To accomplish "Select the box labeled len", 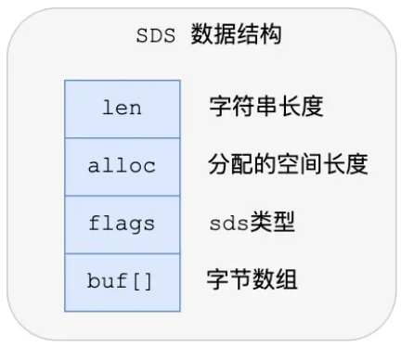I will click(122, 108).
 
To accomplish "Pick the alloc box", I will click(122, 166).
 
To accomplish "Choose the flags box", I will click(122, 224).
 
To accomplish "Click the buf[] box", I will click(122, 281).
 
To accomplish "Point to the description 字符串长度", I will click(266, 108).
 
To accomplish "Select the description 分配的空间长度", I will click(289, 166).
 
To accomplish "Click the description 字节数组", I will click(253, 280).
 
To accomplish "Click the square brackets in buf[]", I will click(144, 281).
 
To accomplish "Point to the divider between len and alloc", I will click(122, 137).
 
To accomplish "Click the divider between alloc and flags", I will click(122, 195).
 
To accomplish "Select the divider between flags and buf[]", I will click(122, 252).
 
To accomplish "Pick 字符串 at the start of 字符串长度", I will click(243, 108).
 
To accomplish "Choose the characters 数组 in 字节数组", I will click(276, 280).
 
